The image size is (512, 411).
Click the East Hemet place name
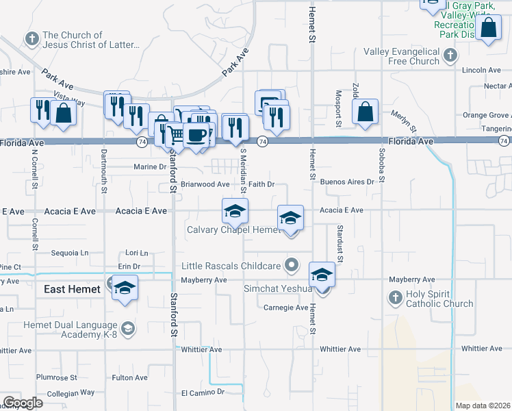click(73, 289)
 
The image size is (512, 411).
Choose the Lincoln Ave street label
click(482, 70)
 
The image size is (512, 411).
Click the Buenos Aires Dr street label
click(348, 182)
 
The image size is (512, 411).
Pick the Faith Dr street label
click(261, 184)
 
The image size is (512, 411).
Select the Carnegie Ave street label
click(286, 308)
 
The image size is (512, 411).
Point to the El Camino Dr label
click(203, 393)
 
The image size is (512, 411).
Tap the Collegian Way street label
click(71, 393)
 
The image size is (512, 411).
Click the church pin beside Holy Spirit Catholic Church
click(394, 297)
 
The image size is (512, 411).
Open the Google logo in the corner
click(22, 403)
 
